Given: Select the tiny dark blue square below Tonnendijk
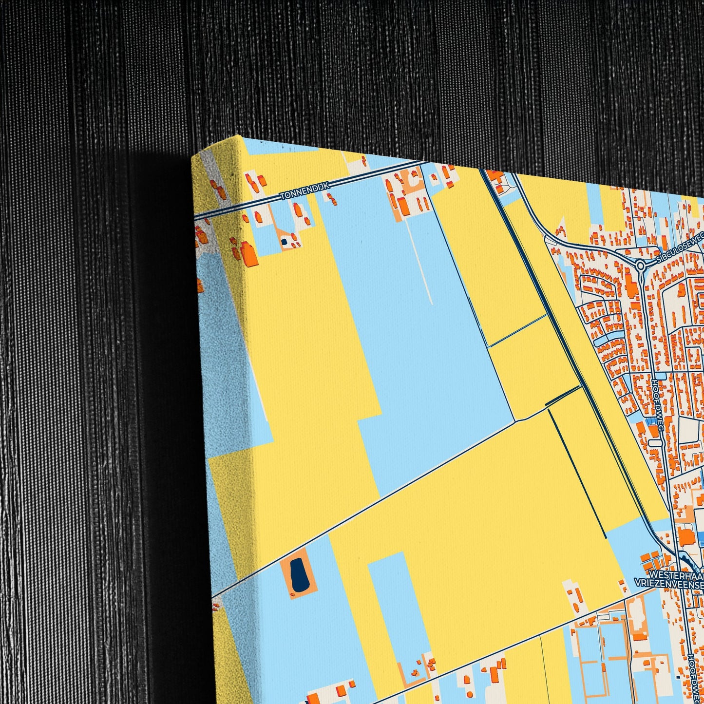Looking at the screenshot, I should pyautogui.click(x=284, y=241).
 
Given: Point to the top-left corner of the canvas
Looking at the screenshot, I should pyautogui.click(x=193, y=155).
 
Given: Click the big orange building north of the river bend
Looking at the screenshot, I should pyautogui.click(x=686, y=536).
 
